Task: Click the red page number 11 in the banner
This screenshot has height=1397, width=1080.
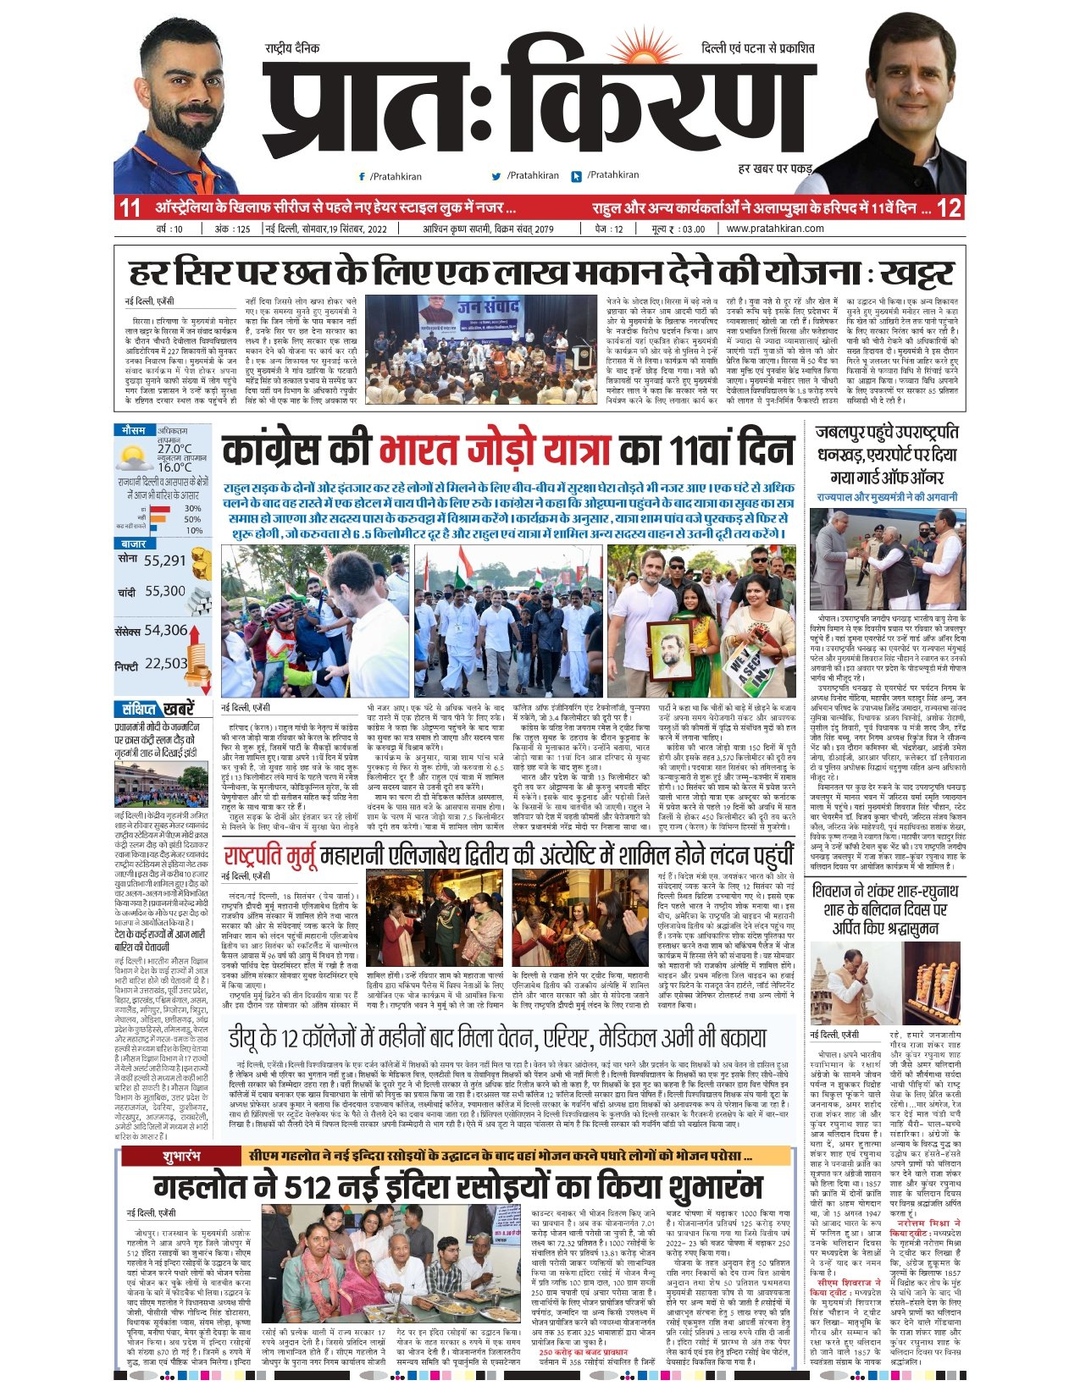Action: [130, 207]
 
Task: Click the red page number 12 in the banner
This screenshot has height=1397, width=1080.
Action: [950, 207]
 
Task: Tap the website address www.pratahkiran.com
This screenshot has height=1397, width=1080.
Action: [774, 229]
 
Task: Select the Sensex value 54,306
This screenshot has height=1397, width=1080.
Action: [165, 630]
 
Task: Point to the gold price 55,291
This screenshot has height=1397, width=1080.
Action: [164, 560]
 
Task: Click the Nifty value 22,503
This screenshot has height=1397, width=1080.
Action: [165, 664]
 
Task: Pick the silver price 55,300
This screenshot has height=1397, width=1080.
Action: [164, 592]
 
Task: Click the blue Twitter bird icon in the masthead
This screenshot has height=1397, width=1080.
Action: [496, 176]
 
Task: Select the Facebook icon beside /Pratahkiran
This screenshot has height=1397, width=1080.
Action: [363, 176]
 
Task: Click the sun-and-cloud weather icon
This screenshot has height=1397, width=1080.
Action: [136, 458]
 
